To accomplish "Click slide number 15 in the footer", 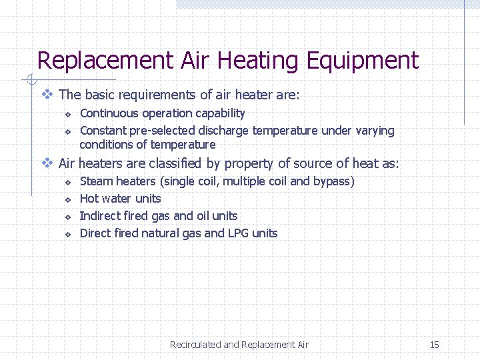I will [x=434, y=345].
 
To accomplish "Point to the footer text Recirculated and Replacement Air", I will [x=239, y=345].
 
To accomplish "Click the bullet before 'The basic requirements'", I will [x=47, y=95].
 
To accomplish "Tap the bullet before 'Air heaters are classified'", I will [x=47, y=163].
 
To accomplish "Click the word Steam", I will [x=96, y=181].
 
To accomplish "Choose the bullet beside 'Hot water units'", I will [x=67, y=199].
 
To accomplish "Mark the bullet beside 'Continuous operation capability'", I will [x=67, y=114].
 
